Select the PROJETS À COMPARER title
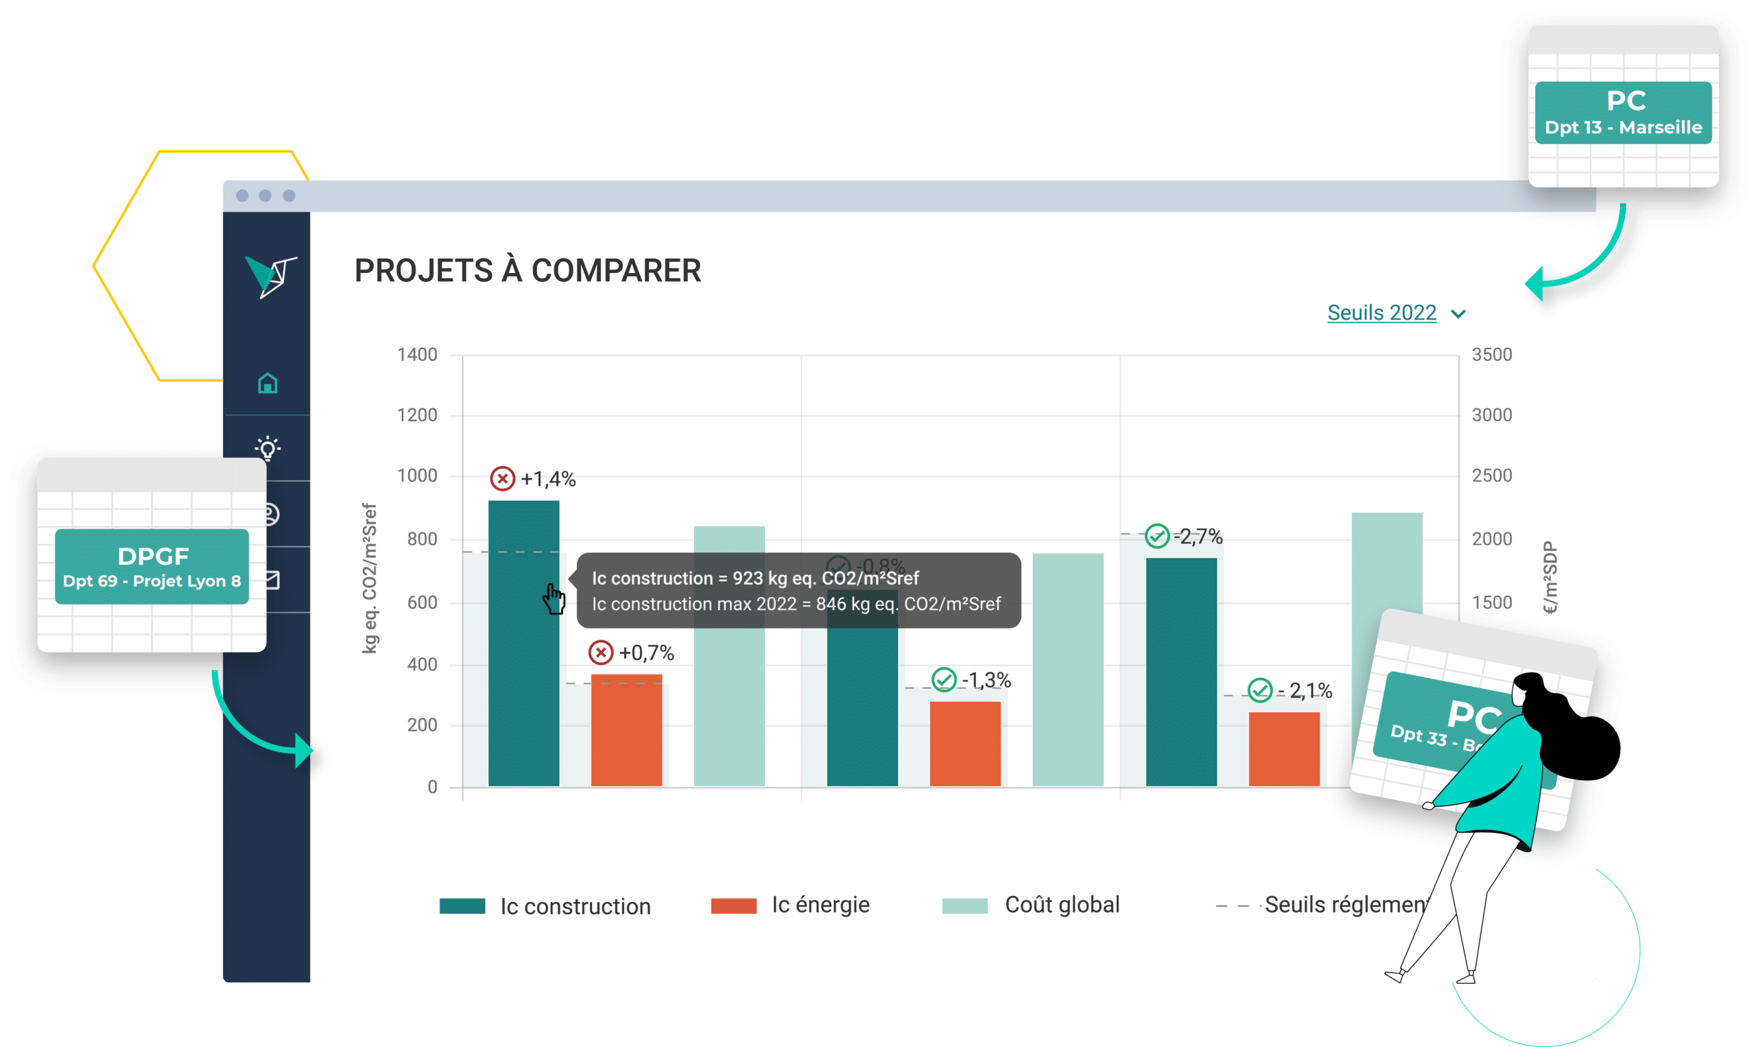pos(527,271)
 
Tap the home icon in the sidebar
pos(268,383)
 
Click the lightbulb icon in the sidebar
pos(268,448)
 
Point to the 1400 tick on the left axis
pos(417,355)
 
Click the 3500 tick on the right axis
pos(1491,355)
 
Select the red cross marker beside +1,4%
pos(502,479)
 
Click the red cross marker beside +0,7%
pos(600,652)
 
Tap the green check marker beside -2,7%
pos(1156,537)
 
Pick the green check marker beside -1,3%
pos(944,680)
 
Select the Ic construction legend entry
pos(545,906)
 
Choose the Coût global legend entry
pos(1030,905)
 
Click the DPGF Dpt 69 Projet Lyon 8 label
pos(152,567)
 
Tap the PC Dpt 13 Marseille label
pos(1623,113)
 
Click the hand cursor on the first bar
pos(554,599)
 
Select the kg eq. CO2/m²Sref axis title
pos(370,578)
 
